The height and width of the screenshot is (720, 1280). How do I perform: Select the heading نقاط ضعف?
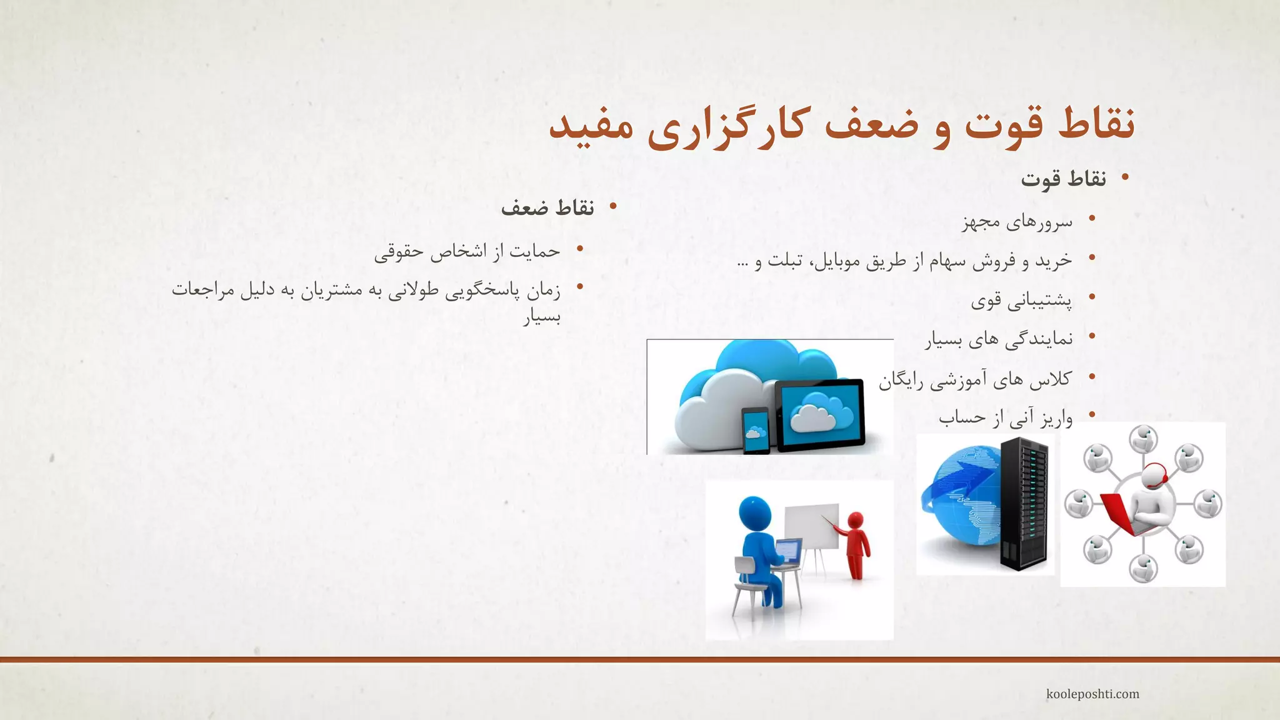tap(547, 208)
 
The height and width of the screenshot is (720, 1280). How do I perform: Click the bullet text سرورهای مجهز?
tap(1017, 222)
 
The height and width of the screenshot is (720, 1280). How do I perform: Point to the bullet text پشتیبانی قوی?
tap(1021, 301)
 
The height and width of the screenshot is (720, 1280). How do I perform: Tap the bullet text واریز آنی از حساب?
tap(1005, 417)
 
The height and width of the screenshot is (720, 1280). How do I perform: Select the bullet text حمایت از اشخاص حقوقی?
tap(467, 251)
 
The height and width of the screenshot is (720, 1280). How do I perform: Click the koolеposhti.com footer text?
tap(1092, 694)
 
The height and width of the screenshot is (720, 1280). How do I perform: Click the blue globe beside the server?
tap(959, 500)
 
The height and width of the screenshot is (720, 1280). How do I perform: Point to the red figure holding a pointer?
tap(856, 544)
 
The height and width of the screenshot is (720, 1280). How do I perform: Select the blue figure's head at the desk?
tap(755, 514)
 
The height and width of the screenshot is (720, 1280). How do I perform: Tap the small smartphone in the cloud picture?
tap(756, 430)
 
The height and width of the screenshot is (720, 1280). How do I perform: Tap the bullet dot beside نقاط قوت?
tap(1125, 178)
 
